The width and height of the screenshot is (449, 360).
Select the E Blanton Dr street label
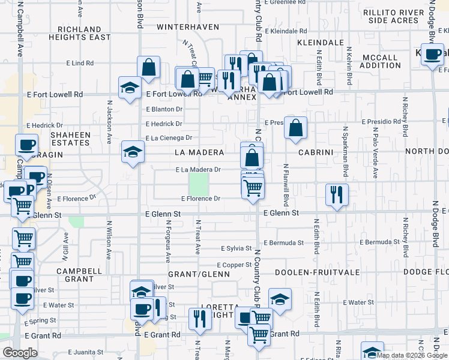click(x=164, y=109)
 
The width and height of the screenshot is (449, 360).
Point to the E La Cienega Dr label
click(x=169, y=138)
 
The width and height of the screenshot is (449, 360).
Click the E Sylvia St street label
click(x=236, y=248)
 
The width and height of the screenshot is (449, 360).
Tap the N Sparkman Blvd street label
click(x=345, y=151)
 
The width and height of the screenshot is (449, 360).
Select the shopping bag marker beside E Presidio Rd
click(x=295, y=128)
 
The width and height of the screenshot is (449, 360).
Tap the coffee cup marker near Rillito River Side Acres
click(x=432, y=55)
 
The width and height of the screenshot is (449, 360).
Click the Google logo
click(x=20, y=353)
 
